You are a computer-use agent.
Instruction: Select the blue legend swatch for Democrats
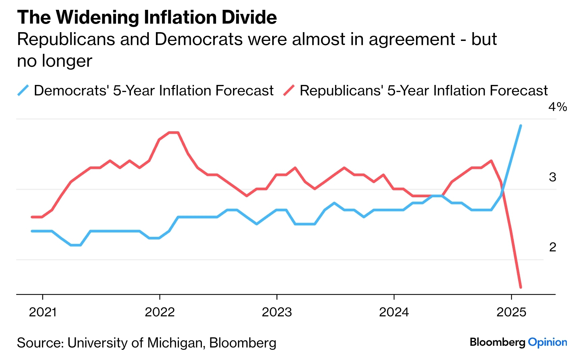[x=23, y=91]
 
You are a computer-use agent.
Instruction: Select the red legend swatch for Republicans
[x=289, y=91]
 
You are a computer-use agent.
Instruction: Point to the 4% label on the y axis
[x=557, y=107]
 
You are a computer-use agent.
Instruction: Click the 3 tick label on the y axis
[x=552, y=177]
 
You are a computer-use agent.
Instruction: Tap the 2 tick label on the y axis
[x=552, y=247]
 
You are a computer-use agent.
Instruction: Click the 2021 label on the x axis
[x=43, y=312]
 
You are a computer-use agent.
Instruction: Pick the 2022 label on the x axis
[x=160, y=312]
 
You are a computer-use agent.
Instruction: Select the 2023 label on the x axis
[x=277, y=312]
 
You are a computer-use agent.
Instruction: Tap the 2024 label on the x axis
[x=394, y=312]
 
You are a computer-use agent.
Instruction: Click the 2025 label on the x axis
[x=511, y=312]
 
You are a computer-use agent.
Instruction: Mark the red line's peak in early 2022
[x=173, y=133]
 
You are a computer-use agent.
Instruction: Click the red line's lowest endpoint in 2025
[x=520, y=287]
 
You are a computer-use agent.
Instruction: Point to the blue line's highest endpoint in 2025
[x=520, y=126]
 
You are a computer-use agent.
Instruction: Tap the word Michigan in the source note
[x=176, y=343]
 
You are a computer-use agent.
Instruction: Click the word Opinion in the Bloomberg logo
[x=547, y=342]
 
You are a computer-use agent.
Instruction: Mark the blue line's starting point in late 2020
[x=32, y=231]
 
